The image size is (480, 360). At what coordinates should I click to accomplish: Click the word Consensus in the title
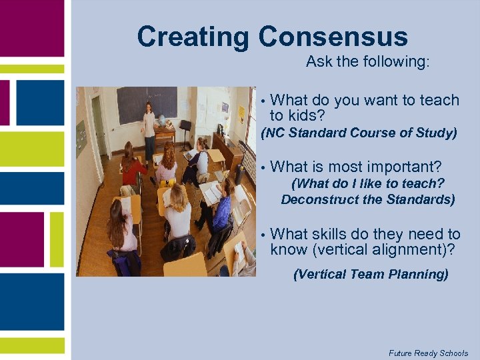click(333, 37)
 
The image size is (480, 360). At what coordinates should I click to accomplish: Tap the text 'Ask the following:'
click(368, 62)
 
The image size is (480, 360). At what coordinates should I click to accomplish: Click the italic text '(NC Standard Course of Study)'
click(359, 133)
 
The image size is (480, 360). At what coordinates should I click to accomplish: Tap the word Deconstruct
click(316, 199)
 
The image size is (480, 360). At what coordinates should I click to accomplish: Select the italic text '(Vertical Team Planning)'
click(371, 274)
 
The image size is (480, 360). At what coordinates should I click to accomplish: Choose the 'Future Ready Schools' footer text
click(428, 353)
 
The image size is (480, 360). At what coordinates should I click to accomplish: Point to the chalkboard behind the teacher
click(147, 101)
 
